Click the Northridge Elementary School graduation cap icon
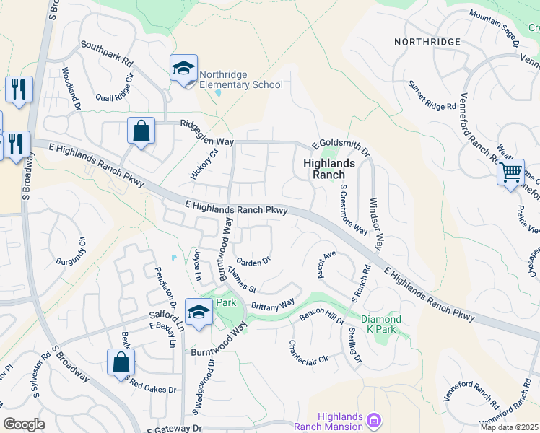(183, 69)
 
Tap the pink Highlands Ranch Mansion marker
(374, 419)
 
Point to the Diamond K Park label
(380, 325)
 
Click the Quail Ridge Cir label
(115, 87)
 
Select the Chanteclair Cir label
(308, 351)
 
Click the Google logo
(24, 424)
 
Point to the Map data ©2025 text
(509, 427)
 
